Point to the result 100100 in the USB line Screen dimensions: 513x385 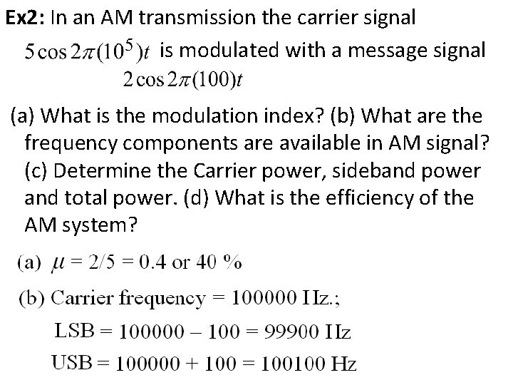[x=290, y=365]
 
